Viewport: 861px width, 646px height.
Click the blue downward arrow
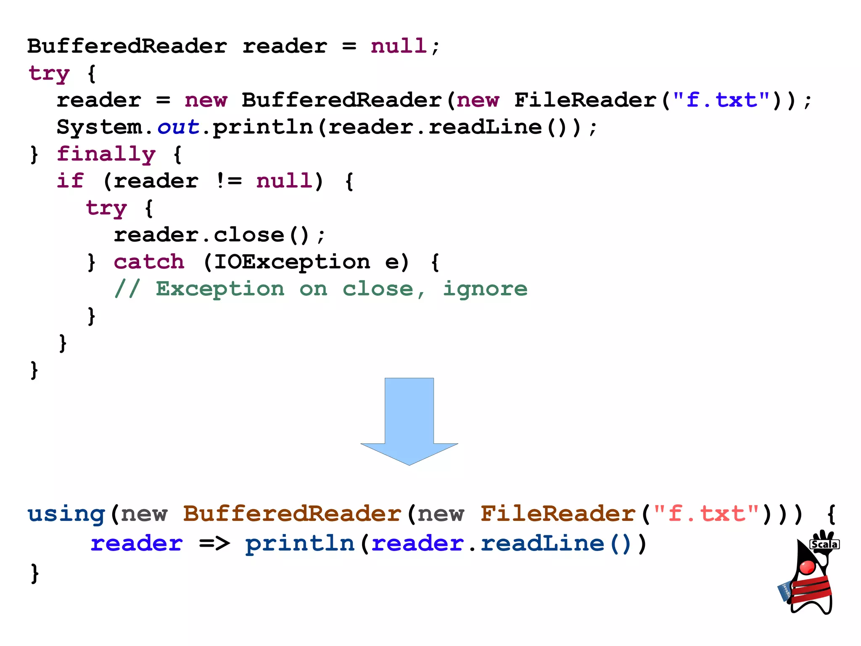click(409, 421)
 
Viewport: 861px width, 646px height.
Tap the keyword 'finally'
click(106, 154)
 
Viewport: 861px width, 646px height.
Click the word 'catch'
click(149, 262)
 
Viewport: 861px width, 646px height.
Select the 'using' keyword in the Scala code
click(66, 514)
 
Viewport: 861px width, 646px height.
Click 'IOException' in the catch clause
click(292, 262)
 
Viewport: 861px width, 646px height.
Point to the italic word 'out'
click(178, 127)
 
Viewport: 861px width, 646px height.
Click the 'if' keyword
click(70, 181)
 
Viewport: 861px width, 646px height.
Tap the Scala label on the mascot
click(824, 544)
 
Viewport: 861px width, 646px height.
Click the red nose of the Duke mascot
click(807, 567)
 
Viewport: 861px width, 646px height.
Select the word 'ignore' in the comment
click(485, 289)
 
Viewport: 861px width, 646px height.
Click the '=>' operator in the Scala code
click(214, 543)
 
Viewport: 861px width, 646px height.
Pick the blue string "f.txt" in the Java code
click(721, 100)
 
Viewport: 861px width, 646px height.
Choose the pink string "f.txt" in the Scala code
click(706, 513)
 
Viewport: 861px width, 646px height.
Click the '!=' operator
click(229, 181)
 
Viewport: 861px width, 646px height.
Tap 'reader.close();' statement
click(219, 235)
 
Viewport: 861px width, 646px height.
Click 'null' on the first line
click(399, 46)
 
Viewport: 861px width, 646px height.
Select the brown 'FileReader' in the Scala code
click(557, 513)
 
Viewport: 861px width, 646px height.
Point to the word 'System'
click(100, 127)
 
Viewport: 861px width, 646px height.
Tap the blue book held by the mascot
click(784, 591)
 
